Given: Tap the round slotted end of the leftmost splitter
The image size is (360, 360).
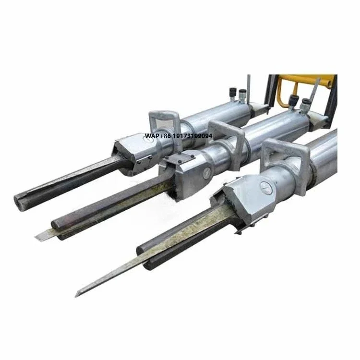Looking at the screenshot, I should tap(18, 202).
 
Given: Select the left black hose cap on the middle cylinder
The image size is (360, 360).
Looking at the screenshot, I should tap(294, 101).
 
